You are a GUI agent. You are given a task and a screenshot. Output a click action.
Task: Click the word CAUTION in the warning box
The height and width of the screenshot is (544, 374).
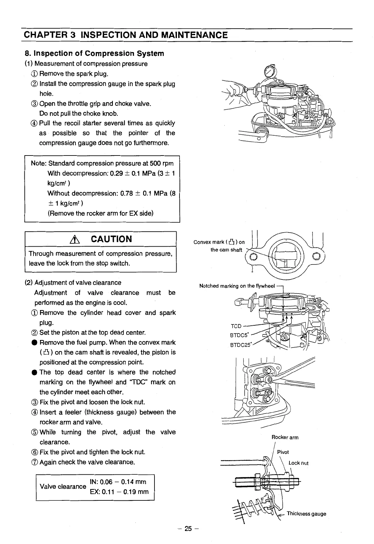(x=112, y=239)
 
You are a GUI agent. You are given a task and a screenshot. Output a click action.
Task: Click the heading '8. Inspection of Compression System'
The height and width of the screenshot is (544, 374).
(x=95, y=53)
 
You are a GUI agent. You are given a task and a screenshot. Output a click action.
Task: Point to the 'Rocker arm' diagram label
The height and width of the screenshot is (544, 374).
(x=285, y=437)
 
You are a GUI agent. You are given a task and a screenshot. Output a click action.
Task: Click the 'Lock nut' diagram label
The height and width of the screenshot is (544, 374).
(x=298, y=463)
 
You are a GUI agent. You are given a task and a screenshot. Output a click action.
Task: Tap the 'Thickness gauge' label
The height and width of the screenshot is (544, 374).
(x=306, y=514)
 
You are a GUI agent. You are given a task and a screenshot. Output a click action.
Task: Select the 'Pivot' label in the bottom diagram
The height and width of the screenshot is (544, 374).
(x=283, y=452)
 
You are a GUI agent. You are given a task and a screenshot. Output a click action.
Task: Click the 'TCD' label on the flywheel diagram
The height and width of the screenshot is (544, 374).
(x=236, y=326)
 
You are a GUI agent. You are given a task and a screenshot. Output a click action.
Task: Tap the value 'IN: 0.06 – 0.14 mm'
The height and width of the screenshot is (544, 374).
(x=118, y=482)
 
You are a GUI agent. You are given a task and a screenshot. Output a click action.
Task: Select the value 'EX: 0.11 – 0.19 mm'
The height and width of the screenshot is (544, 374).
(x=119, y=492)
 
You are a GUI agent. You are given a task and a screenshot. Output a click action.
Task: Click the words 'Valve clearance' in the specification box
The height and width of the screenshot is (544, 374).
(x=63, y=487)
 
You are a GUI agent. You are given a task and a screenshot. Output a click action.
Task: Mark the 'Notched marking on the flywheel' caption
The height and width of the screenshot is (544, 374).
(x=237, y=286)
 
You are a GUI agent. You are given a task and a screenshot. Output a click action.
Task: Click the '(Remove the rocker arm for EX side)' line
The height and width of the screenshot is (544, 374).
(x=100, y=213)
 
